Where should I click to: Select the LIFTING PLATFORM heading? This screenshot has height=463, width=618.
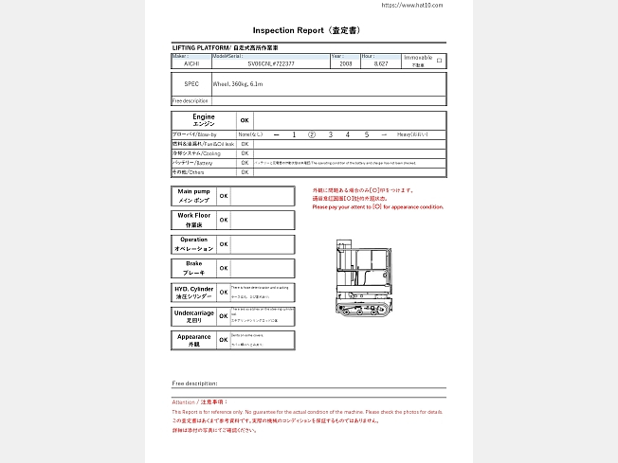(x=225, y=47)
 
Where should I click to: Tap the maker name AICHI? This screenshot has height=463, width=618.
(x=191, y=63)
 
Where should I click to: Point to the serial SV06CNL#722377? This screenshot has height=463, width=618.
(x=270, y=63)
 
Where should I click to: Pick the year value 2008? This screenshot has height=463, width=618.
(x=344, y=63)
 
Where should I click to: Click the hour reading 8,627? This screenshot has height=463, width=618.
(x=380, y=63)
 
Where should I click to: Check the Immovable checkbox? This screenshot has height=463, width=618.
(x=439, y=60)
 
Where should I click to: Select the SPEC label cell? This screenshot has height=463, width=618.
(x=191, y=84)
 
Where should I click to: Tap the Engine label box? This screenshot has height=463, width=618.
(x=203, y=120)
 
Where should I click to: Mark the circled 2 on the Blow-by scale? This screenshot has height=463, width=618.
(x=312, y=135)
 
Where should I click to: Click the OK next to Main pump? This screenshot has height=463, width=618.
(x=224, y=196)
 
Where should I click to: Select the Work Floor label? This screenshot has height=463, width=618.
(x=194, y=220)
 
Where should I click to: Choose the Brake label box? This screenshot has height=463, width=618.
(x=194, y=268)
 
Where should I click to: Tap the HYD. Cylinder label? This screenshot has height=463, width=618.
(x=194, y=292)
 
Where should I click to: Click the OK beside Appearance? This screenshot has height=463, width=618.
(x=224, y=340)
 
